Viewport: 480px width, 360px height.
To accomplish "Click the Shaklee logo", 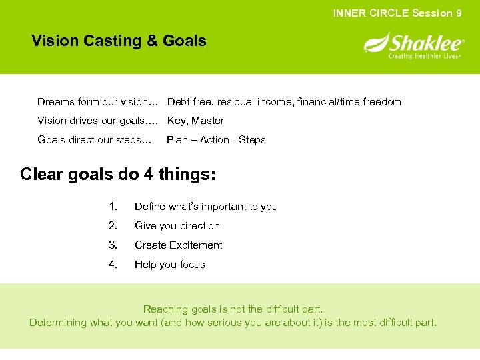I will pos(413,45).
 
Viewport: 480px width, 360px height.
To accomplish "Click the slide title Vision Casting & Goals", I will pos(119,41).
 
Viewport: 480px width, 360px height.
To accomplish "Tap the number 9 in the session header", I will pos(459,13).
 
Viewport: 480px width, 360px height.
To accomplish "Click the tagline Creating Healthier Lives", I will pos(425,57).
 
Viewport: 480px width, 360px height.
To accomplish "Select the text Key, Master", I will pos(195,121).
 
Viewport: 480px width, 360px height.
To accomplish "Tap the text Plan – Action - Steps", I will pos(216,140).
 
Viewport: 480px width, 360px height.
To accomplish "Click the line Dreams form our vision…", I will pos(97,102).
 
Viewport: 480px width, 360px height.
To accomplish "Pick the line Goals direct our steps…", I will pos(94,140).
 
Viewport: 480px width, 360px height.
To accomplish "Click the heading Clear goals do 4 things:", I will pos(118,175).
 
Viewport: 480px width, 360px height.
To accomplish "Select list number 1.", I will pos(112,207).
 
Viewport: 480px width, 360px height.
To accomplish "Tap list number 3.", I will pos(112,245).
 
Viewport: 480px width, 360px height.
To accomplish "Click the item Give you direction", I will pos(177,226).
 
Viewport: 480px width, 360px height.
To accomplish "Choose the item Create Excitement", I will pos(178,245).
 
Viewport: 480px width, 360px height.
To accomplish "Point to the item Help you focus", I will pos(169,265).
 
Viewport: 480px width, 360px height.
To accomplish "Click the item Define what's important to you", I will pos(206,207).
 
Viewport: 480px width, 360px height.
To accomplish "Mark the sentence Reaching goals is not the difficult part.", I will pos(233,309).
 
